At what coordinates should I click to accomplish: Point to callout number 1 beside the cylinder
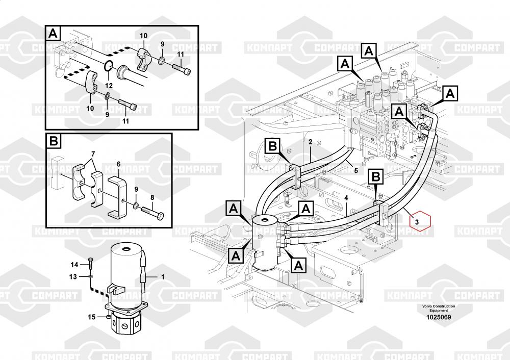(x=163, y=277)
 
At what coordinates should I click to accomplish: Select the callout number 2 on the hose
(x=310, y=141)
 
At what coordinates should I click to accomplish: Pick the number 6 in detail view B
(x=118, y=164)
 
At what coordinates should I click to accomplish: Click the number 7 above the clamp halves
(x=93, y=154)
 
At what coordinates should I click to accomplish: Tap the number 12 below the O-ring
(x=108, y=85)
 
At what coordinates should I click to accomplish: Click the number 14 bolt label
(x=74, y=264)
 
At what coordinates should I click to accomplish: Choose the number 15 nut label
(x=92, y=317)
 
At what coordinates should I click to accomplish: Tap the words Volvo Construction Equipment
(x=438, y=308)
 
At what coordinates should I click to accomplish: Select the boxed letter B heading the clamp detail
(x=54, y=141)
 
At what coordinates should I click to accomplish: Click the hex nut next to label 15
(x=109, y=318)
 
